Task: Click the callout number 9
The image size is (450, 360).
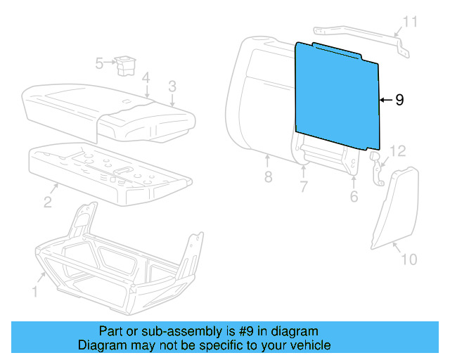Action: tap(399, 101)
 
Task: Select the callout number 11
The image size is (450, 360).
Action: tap(409, 22)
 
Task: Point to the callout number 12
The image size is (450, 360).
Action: tap(398, 151)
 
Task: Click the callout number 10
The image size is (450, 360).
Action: tap(409, 259)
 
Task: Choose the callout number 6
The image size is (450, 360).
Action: tap(354, 196)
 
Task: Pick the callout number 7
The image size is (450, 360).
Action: tap(303, 187)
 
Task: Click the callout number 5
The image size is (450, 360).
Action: tap(99, 63)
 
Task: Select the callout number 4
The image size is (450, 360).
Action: tap(145, 77)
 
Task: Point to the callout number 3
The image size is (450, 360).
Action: tap(171, 87)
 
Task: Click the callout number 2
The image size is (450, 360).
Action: tap(47, 202)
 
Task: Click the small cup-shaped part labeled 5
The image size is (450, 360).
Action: tap(127, 64)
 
